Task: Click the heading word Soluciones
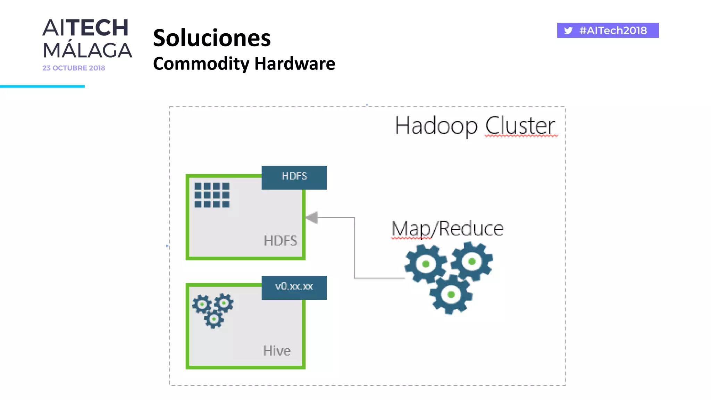click(211, 38)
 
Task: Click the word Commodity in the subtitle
click(201, 64)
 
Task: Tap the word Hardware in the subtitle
click(295, 64)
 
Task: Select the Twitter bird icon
click(568, 31)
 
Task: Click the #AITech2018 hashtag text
click(613, 31)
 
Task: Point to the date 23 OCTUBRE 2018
click(74, 68)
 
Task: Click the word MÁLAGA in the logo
click(87, 50)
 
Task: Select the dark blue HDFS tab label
click(294, 177)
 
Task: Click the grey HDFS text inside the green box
click(280, 241)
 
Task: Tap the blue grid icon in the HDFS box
click(212, 195)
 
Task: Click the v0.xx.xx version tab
click(294, 287)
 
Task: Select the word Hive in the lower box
click(277, 351)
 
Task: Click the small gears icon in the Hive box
click(213, 310)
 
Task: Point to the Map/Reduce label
click(447, 229)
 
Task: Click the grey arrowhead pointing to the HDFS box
click(312, 218)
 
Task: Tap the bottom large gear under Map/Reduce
click(451, 295)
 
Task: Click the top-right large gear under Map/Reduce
click(472, 261)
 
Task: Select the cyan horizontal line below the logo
click(42, 86)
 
